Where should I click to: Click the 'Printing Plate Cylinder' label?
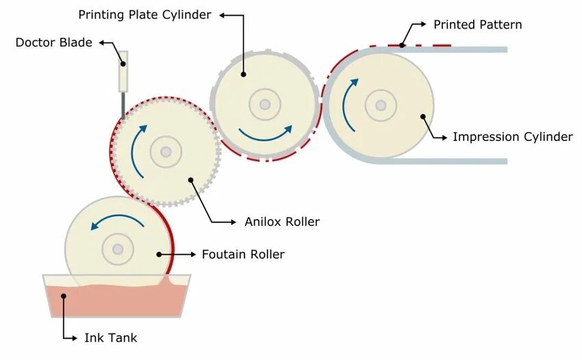[144, 14]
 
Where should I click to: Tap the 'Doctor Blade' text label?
[53, 42]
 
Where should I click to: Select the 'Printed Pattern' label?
[477, 25]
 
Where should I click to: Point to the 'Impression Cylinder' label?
[512, 137]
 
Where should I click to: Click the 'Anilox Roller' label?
[282, 222]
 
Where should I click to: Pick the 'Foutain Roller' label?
[243, 255]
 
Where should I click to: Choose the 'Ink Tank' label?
[111, 337]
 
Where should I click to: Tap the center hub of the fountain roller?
[118, 248]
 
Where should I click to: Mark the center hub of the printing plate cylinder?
[265, 105]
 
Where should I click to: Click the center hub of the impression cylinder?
[381, 105]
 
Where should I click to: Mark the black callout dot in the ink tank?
[64, 296]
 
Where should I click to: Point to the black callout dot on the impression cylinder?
[423, 116]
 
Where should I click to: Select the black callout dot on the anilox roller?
[191, 181]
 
